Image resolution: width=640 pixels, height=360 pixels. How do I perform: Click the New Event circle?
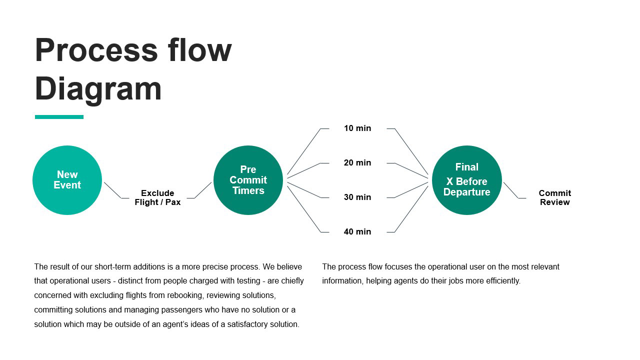click(x=67, y=180)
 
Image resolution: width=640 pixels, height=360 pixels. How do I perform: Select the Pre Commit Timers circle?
click(x=248, y=180)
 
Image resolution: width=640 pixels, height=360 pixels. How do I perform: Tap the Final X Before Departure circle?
click(x=466, y=180)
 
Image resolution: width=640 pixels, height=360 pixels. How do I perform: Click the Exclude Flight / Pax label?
click(x=157, y=197)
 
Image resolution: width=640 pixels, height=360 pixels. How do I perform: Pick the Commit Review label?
click(x=554, y=197)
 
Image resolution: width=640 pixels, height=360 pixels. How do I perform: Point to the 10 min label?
click(x=357, y=128)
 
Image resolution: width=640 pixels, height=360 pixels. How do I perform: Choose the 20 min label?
click(x=357, y=163)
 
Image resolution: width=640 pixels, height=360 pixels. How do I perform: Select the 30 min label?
click(x=357, y=197)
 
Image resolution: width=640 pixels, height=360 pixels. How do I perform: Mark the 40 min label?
click(x=357, y=232)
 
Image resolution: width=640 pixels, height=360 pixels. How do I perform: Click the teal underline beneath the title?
click(x=59, y=117)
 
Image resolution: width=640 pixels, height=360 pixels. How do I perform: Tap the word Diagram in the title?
click(x=98, y=89)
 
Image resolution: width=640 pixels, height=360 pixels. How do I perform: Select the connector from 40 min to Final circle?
click(x=411, y=209)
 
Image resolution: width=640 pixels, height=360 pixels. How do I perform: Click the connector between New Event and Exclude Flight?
click(x=112, y=190)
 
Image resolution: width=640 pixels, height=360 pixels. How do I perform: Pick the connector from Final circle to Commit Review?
click(x=511, y=190)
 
